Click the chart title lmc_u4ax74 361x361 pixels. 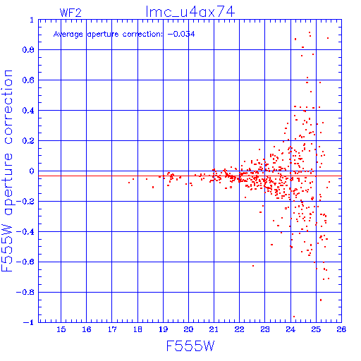click(190, 11)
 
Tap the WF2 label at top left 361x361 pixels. click(71, 13)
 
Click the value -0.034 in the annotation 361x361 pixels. click(181, 34)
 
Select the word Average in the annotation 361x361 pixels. click(68, 35)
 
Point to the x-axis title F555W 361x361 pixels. click(190, 346)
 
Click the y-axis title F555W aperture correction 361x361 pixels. click(7, 171)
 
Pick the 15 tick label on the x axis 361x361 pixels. click(61, 329)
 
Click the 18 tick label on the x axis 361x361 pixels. click(137, 329)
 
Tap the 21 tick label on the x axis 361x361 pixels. click(214, 329)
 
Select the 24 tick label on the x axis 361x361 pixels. click(290, 329)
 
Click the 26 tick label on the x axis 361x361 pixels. click(341, 329)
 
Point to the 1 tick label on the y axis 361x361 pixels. click(32, 20)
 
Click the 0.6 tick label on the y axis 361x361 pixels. click(28, 80)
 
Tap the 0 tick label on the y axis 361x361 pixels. click(32, 171)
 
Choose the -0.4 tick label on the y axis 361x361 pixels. click(25, 232)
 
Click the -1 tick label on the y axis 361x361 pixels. click(29, 322)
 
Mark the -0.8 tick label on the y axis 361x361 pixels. click(25, 292)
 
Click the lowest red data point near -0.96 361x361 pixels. click(294, 317)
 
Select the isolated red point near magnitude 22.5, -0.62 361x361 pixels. click(253, 266)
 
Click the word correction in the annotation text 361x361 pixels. click(142, 35)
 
